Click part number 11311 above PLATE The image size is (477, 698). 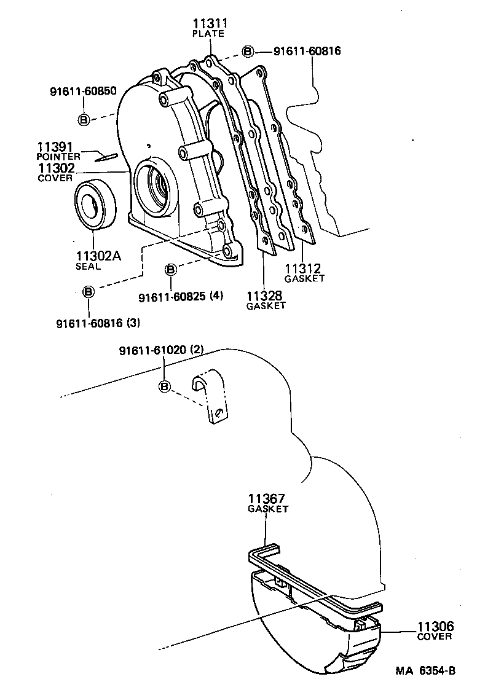(210, 24)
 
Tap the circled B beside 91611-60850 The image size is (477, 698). (84, 119)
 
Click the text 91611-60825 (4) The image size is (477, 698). (181, 296)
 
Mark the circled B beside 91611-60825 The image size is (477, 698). (171, 269)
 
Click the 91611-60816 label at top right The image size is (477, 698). (298, 51)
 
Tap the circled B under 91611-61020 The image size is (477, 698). (164, 386)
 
